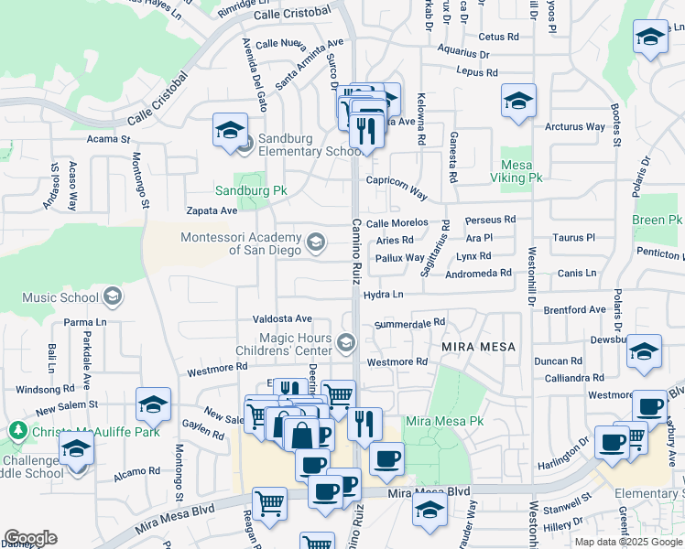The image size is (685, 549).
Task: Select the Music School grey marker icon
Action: tap(113, 296)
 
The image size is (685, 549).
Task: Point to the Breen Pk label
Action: tap(658, 221)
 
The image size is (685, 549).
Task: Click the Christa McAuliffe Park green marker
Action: tap(17, 429)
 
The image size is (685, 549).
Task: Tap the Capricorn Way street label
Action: tap(397, 188)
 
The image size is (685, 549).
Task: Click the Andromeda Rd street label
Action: tap(478, 274)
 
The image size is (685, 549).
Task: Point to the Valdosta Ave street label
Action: tap(282, 318)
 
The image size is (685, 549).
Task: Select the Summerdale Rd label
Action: tap(409, 323)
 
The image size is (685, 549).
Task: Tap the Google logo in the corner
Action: tap(30, 538)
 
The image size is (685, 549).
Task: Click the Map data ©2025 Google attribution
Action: tap(627, 542)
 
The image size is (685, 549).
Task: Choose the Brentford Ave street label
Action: tap(573, 310)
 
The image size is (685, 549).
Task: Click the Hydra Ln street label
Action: tap(383, 295)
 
